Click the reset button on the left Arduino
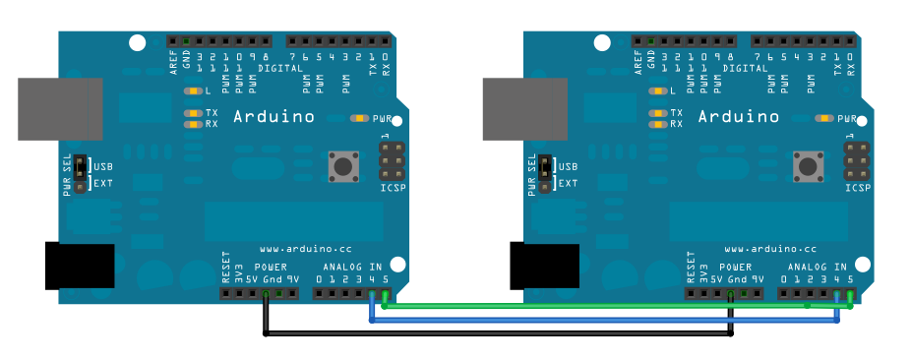(343, 165)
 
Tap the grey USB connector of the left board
(60, 109)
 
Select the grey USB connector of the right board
(525, 109)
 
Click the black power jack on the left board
(80, 266)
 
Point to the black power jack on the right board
(544, 266)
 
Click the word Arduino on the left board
(273, 117)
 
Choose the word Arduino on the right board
(739, 117)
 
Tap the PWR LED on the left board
(358, 118)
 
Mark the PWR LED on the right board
(823, 118)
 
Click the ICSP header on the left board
(392, 160)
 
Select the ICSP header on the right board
(857, 160)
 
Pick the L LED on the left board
(191, 91)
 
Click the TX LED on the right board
(656, 113)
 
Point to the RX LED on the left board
(191, 124)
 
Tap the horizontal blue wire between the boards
(600, 321)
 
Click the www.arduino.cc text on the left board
(306, 250)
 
